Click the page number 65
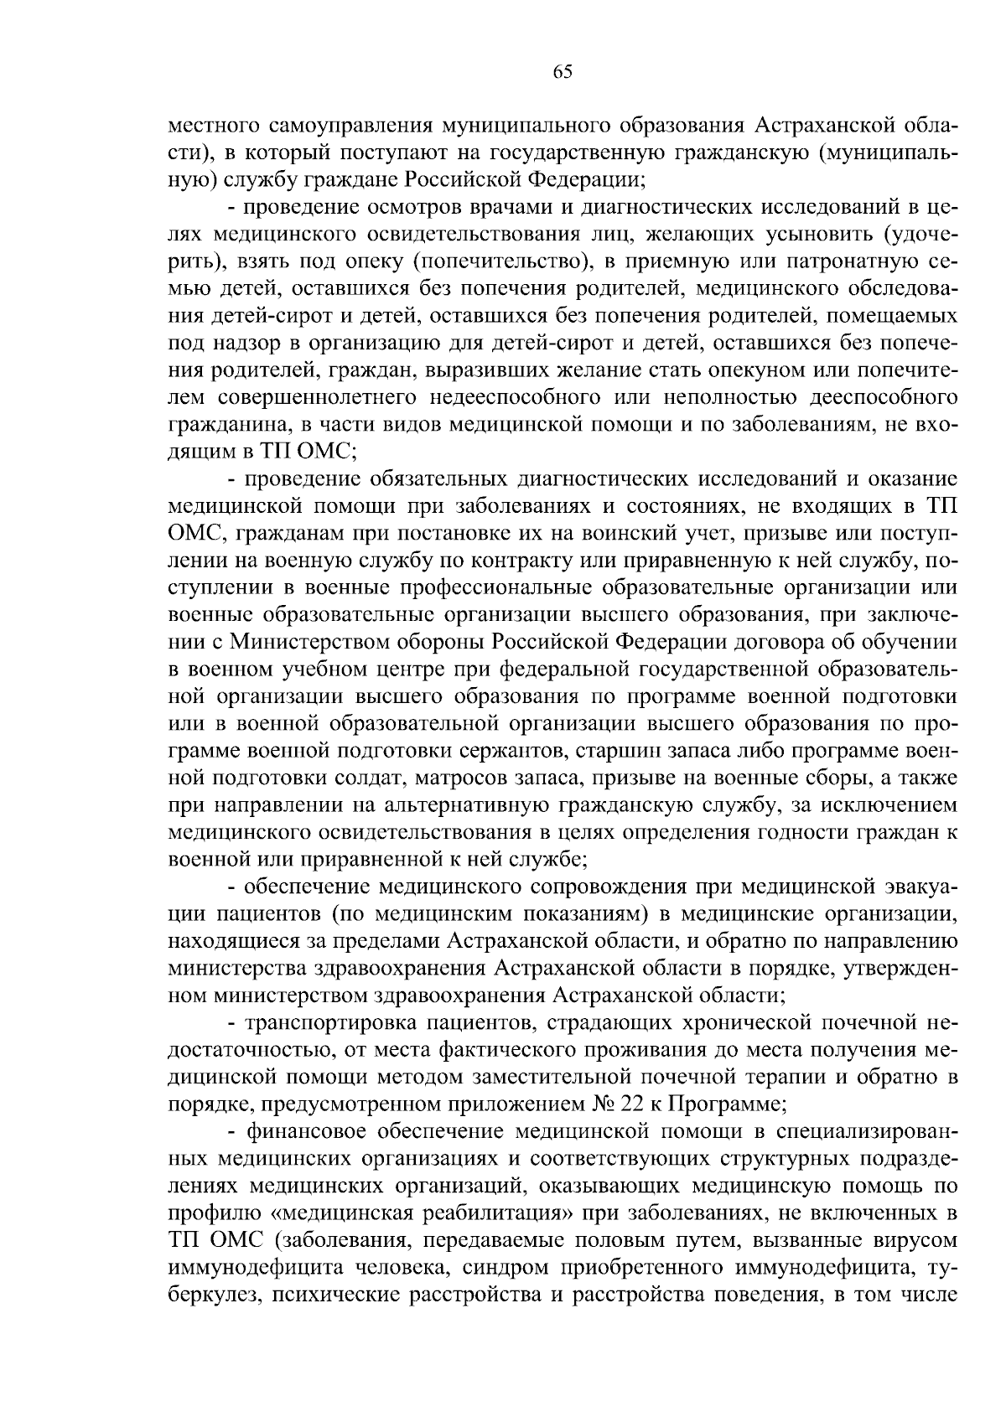(563, 72)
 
